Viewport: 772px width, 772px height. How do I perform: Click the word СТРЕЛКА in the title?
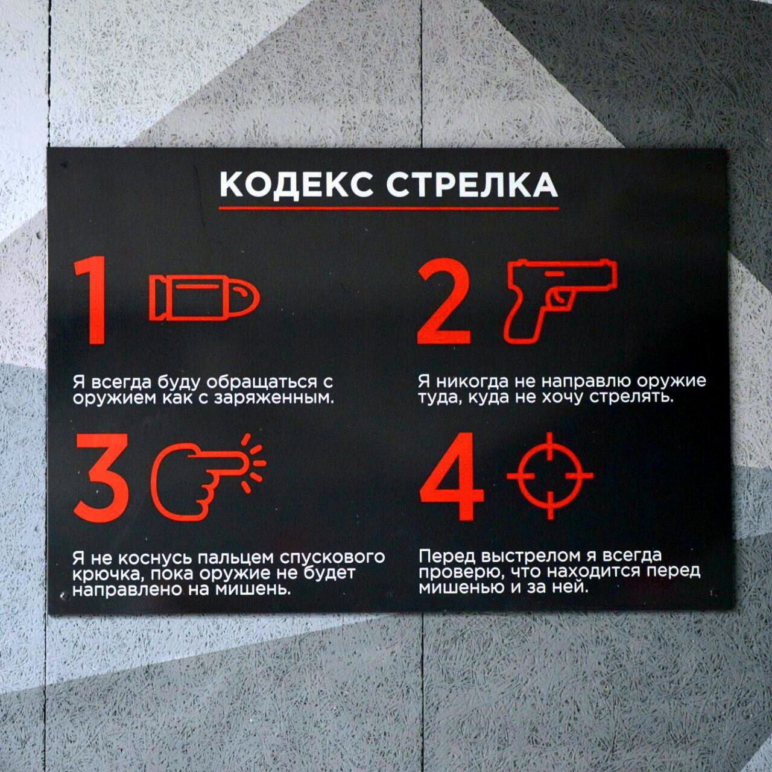coord(472,185)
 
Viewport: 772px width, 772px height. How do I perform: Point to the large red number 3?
coord(102,478)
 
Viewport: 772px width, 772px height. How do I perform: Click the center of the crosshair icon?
coord(550,475)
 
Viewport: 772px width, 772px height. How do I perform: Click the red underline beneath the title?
coord(388,208)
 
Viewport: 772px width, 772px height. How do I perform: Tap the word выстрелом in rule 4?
coord(540,555)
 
